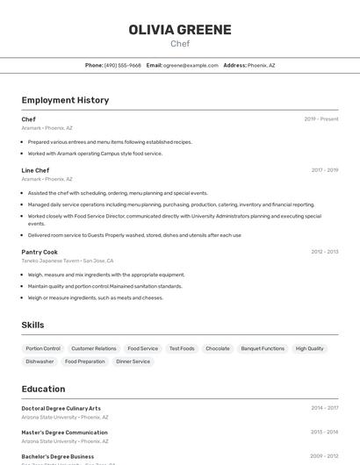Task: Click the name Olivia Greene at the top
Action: coord(180,29)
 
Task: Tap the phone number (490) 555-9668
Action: coord(122,65)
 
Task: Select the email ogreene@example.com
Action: coord(191,65)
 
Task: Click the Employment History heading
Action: coord(65,100)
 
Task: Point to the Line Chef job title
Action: coord(35,170)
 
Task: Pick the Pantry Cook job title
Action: coord(40,252)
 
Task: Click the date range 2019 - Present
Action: coord(321,119)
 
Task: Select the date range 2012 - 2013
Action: coord(324,252)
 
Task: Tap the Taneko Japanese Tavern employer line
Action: coord(68,261)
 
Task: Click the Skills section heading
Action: coord(32,325)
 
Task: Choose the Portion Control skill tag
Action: coord(43,348)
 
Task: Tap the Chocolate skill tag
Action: coord(217,348)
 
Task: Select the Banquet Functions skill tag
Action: coord(263,348)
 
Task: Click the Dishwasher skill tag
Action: coord(40,361)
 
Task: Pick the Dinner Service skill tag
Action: coord(133,361)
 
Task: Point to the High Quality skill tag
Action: coord(309,348)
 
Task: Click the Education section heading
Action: coord(43,389)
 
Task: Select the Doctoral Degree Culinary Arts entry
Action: coord(61,408)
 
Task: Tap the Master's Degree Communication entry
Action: coord(64,433)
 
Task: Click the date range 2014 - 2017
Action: coord(324,408)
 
